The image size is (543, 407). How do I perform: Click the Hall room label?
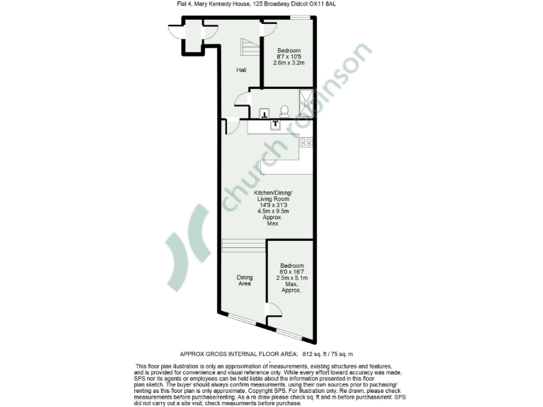241,70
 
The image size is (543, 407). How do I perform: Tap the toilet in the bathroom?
284,112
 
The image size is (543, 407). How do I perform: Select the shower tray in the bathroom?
306,104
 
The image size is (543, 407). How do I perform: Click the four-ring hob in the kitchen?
307,142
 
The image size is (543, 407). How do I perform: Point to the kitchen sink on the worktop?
276,124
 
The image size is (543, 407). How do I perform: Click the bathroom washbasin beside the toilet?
264,113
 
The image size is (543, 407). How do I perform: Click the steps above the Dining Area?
243,245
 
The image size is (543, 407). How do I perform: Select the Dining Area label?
245,281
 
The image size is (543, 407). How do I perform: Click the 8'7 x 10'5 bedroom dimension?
288,57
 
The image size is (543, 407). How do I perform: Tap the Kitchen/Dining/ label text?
272,193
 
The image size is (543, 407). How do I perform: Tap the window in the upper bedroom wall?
298,18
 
